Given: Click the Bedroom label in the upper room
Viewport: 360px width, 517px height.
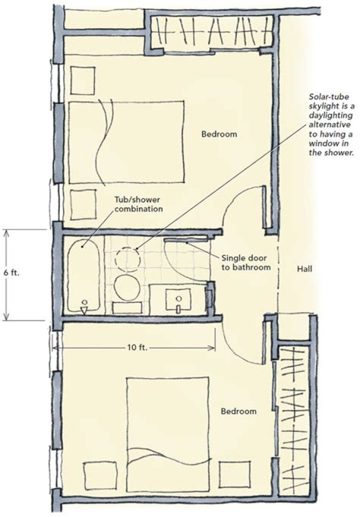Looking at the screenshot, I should click(x=219, y=134).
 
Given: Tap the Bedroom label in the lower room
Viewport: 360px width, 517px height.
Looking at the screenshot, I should click(x=239, y=411).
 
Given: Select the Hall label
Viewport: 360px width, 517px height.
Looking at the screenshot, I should click(x=304, y=269).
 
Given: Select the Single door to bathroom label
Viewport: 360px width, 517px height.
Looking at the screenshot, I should click(x=246, y=262).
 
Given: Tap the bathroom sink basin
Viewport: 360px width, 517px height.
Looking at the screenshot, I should click(x=178, y=299).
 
